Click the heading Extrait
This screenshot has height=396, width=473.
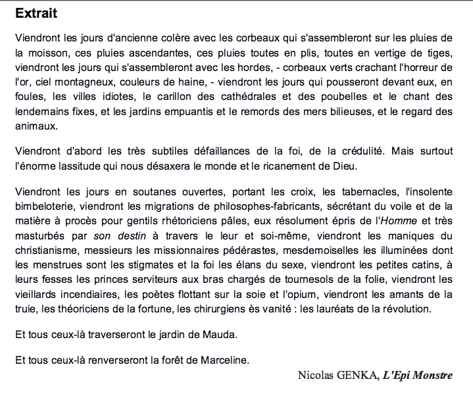click(x=36, y=13)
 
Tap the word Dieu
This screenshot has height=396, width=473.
click(x=343, y=166)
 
